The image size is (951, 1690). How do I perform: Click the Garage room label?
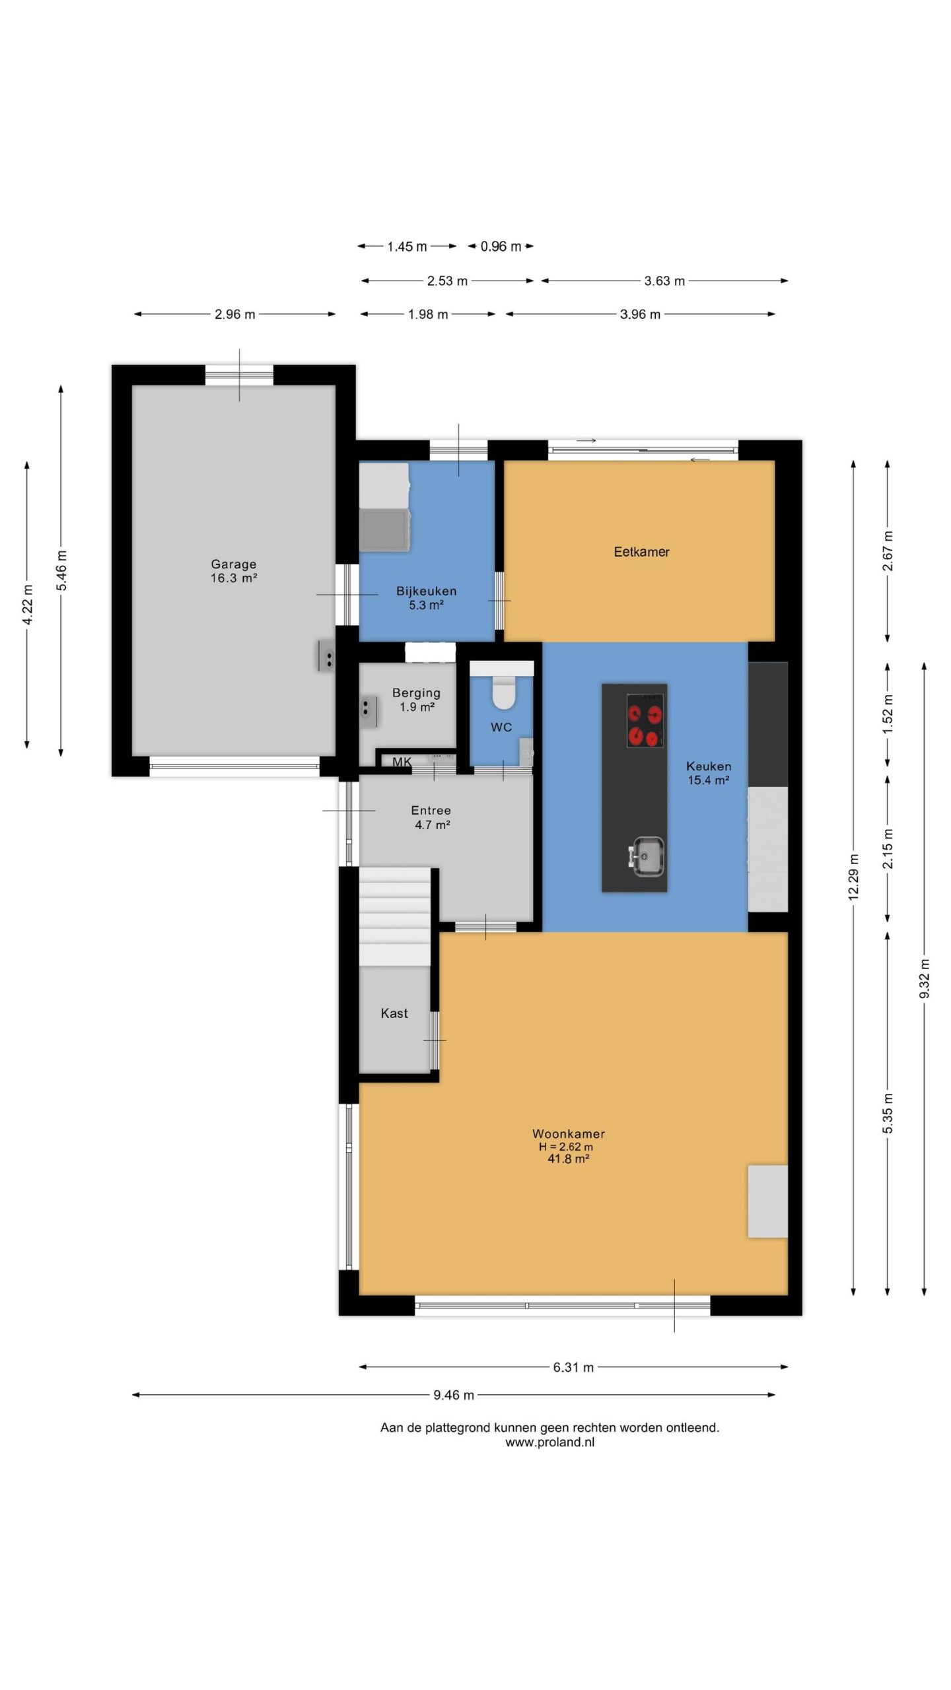tap(233, 571)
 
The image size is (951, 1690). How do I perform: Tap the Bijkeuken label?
tap(426, 598)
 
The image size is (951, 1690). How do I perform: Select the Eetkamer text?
tap(641, 552)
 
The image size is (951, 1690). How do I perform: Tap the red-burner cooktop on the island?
tap(645, 720)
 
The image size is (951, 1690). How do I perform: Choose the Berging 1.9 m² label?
tap(416, 700)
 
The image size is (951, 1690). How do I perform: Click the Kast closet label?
tap(394, 1013)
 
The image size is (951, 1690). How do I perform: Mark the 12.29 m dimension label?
tap(853, 877)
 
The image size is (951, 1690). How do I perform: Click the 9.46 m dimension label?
tap(454, 1395)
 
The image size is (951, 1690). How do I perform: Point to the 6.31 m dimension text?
tap(573, 1367)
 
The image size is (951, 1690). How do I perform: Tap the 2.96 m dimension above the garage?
tap(234, 314)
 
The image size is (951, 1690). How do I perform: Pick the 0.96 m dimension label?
tap(501, 246)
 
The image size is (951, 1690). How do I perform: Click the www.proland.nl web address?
tap(549, 1442)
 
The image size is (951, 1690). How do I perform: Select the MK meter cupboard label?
tap(402, 762)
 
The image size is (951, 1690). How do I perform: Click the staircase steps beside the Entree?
tap(394, 917)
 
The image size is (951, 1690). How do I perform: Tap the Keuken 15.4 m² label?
tap(709, 773)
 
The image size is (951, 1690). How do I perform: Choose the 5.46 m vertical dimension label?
tap(61, 570)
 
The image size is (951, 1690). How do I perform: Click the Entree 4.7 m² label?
tap(431, 817)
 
